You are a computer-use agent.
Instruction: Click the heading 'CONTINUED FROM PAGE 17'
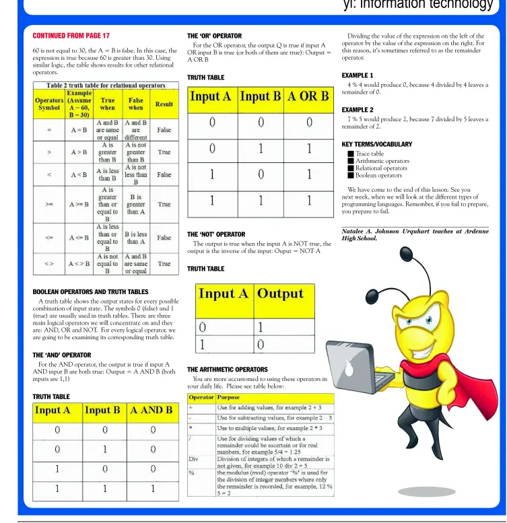coord(71,35)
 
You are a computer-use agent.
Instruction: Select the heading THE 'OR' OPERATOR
coord(214,35)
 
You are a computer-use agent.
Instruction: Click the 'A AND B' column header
coord(151,410)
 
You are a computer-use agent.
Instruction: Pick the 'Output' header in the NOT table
coord(280,293)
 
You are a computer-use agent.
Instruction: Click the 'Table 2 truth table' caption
coord(106,85)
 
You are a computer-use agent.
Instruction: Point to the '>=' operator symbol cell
coord(49,204)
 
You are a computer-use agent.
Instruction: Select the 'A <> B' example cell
coord(79,264)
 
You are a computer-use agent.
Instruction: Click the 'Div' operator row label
coord(194,458)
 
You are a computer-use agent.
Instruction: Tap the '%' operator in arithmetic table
coord(192,473)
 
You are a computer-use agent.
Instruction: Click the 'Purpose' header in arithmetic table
coord(228,398)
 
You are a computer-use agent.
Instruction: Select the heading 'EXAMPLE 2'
coord(357,109)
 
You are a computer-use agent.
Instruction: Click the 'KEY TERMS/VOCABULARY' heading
coord(376,144)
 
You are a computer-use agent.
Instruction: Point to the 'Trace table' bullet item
coord(370,153)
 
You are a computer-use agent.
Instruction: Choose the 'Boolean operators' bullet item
coord(378,176)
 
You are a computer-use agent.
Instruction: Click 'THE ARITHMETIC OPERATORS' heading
coord(227,370)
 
